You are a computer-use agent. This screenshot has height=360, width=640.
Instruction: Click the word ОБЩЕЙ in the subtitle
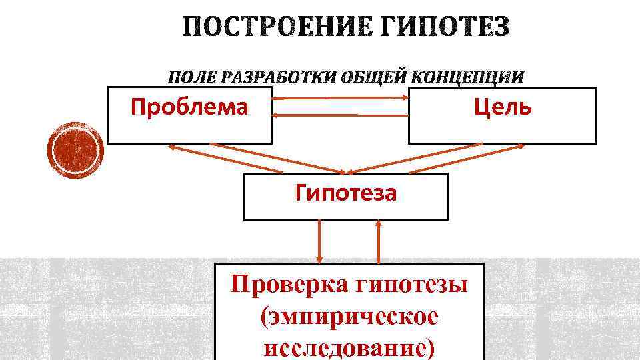point(368,77)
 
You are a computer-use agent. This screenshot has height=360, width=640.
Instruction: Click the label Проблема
point(189,106)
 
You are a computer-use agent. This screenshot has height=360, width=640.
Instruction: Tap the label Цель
point(503,106)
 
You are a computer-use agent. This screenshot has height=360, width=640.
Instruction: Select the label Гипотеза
point(346,193)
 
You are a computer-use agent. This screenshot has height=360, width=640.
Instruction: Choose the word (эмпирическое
point(350,317)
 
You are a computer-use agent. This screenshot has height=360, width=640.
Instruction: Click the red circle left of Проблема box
point(77,151)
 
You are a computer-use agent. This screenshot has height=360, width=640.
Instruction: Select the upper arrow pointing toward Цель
point(341,99)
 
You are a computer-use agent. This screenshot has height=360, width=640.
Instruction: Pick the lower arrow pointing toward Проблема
point(341,115)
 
